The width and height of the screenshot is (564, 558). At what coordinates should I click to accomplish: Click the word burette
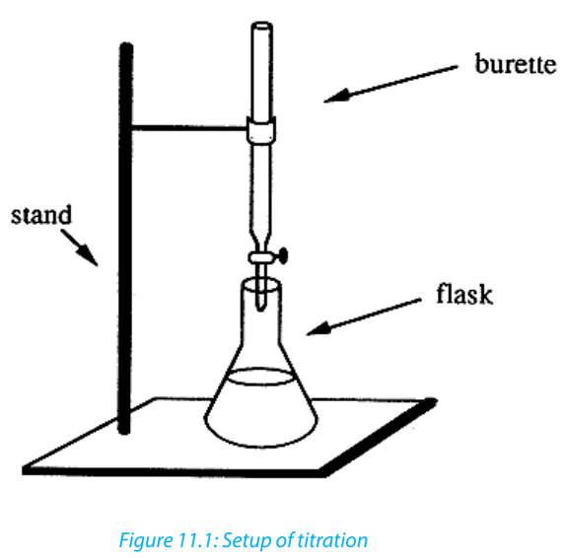click(x=516, y=64)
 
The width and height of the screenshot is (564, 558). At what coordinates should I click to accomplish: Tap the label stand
click(x=41, y=215)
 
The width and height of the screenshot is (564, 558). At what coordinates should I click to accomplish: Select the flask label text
click(x=464, y=294)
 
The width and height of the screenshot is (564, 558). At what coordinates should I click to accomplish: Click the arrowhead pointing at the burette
click(x=336, y=96)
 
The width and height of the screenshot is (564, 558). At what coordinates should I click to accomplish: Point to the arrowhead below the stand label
click(x=89, y=255)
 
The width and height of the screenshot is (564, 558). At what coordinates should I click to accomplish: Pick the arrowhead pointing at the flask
click(x=318, y=328)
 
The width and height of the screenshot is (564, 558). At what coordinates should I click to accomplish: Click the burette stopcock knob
click(x=283, y=255)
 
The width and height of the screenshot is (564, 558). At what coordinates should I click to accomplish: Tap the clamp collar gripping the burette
click(x=261, y=130)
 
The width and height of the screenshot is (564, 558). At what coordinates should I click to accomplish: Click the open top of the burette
click(x=262, y=26)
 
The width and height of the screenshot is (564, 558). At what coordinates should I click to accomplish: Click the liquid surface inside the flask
click(x=260, y=377)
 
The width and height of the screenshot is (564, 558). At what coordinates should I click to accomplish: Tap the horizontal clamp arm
click(x=189, y=127)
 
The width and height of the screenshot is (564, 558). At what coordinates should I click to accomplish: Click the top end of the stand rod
click(x=126, y=44)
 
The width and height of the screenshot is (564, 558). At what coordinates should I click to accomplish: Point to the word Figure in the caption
click(x=146, y=540)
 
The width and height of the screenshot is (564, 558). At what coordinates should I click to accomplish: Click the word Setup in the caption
click(x=245, y=541)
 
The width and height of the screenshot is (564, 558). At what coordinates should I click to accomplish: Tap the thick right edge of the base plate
click(x=379, y=437)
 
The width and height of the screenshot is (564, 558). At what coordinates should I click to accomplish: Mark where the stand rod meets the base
click(x=124, y=430)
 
